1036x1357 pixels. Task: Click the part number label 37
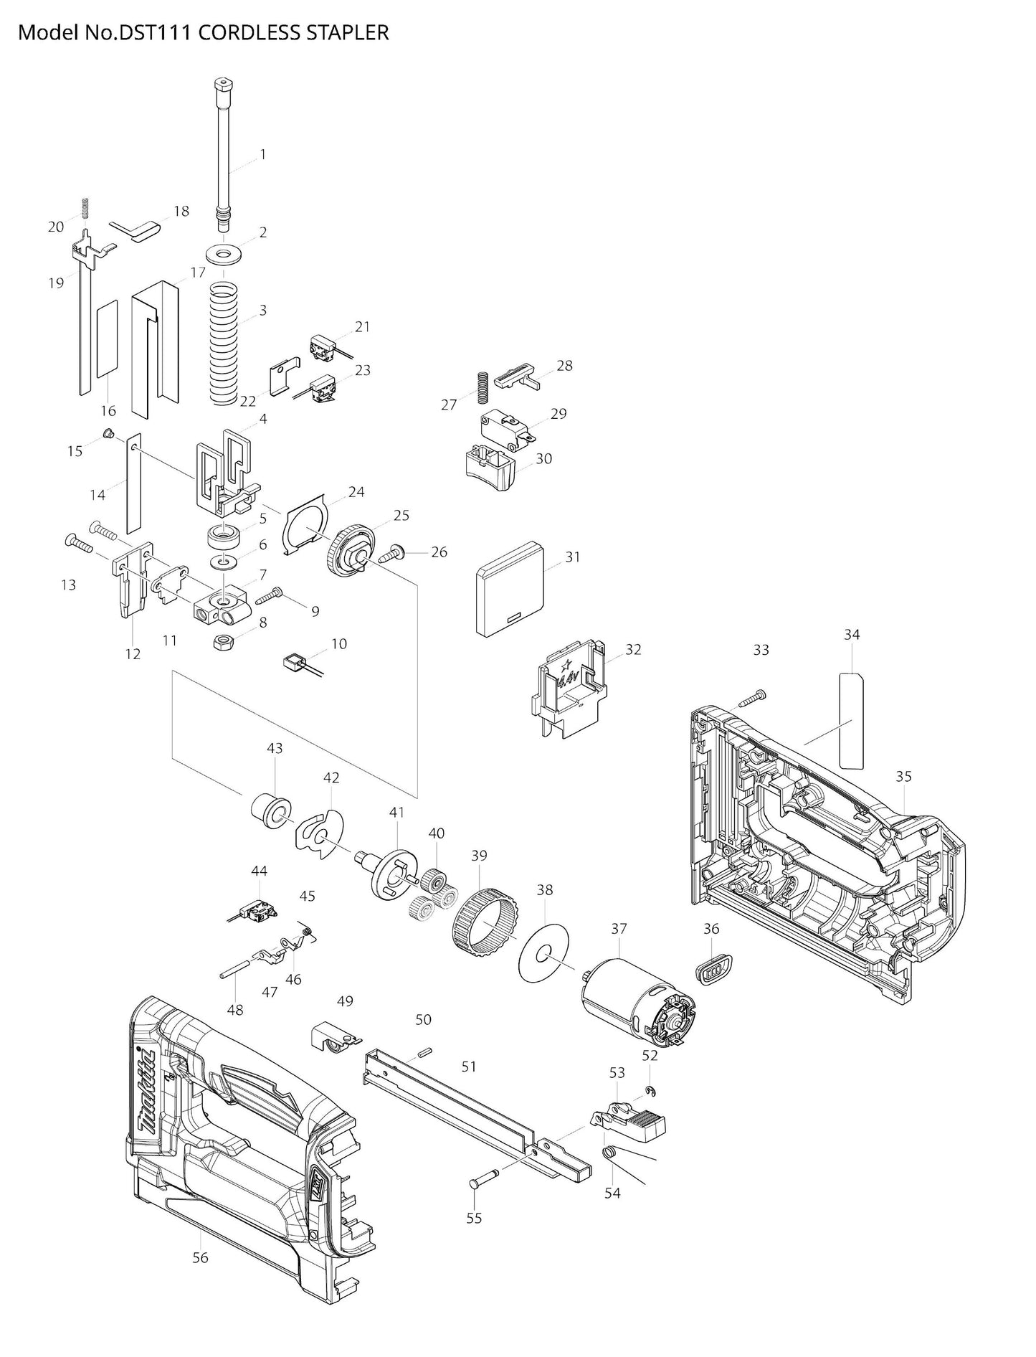coord(618,928)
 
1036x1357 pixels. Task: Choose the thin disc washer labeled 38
coord(543,955)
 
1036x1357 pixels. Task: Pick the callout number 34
coord(852,634)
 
